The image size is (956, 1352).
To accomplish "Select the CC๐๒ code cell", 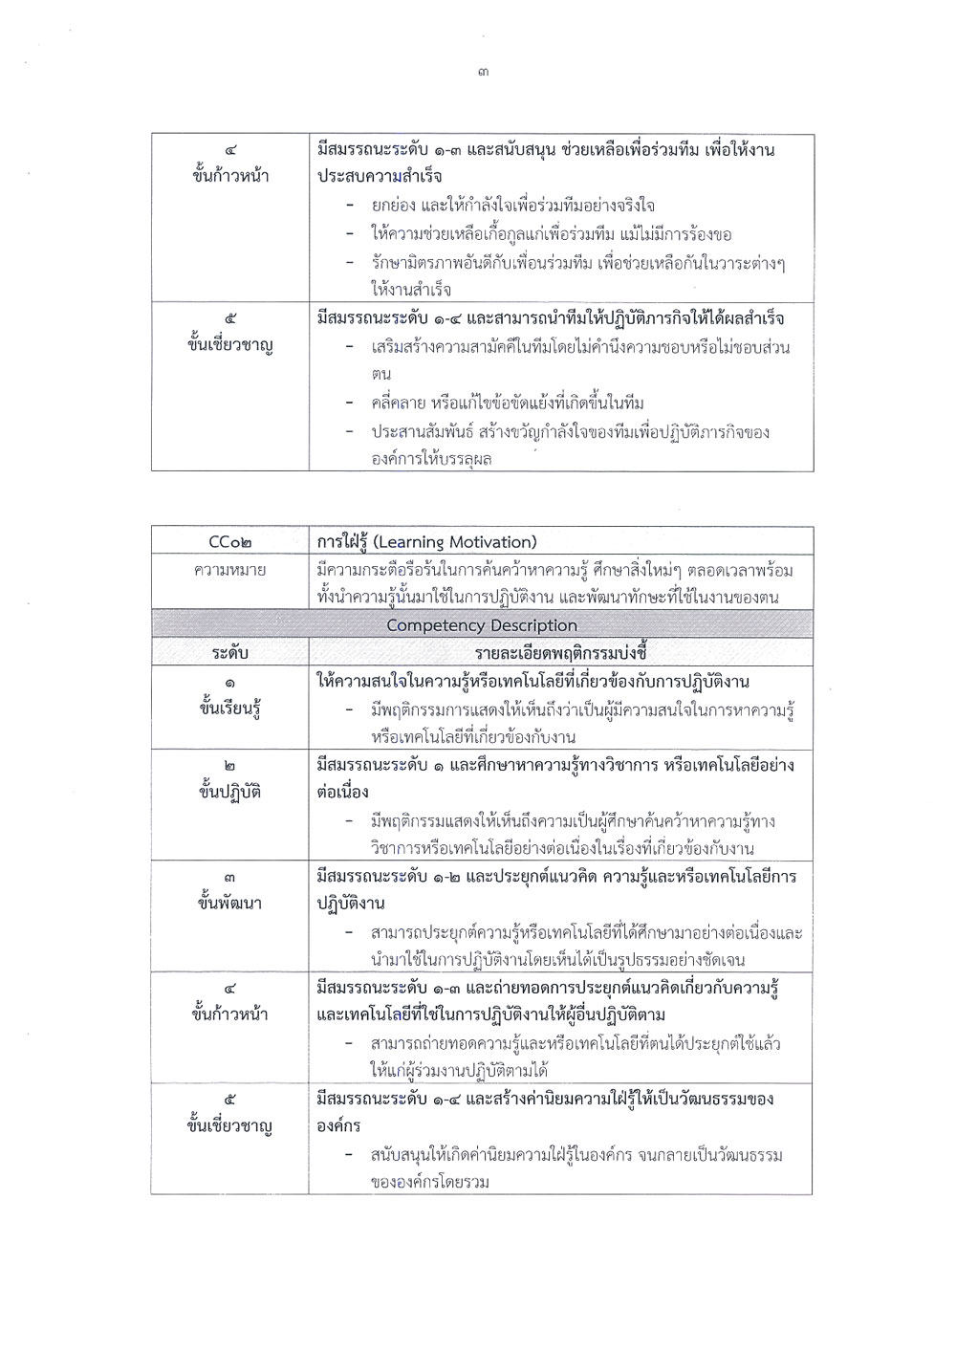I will click(x=229, y=542).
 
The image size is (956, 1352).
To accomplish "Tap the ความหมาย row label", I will click(x=229, y=571).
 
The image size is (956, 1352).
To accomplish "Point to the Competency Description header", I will click(x=481, y=625).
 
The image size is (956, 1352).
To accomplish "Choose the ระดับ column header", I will click(x=229, y=653).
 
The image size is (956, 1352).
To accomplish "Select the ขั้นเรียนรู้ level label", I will click(x=229, y=709).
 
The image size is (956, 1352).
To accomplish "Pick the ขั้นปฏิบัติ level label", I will click(x=229, y=793).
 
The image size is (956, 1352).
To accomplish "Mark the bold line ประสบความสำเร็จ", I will click(x=380, y=177).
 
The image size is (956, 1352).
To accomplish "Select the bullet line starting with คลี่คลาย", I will click(x=508, y=403).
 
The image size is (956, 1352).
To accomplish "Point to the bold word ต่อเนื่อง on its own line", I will click(x=343, y=793).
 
